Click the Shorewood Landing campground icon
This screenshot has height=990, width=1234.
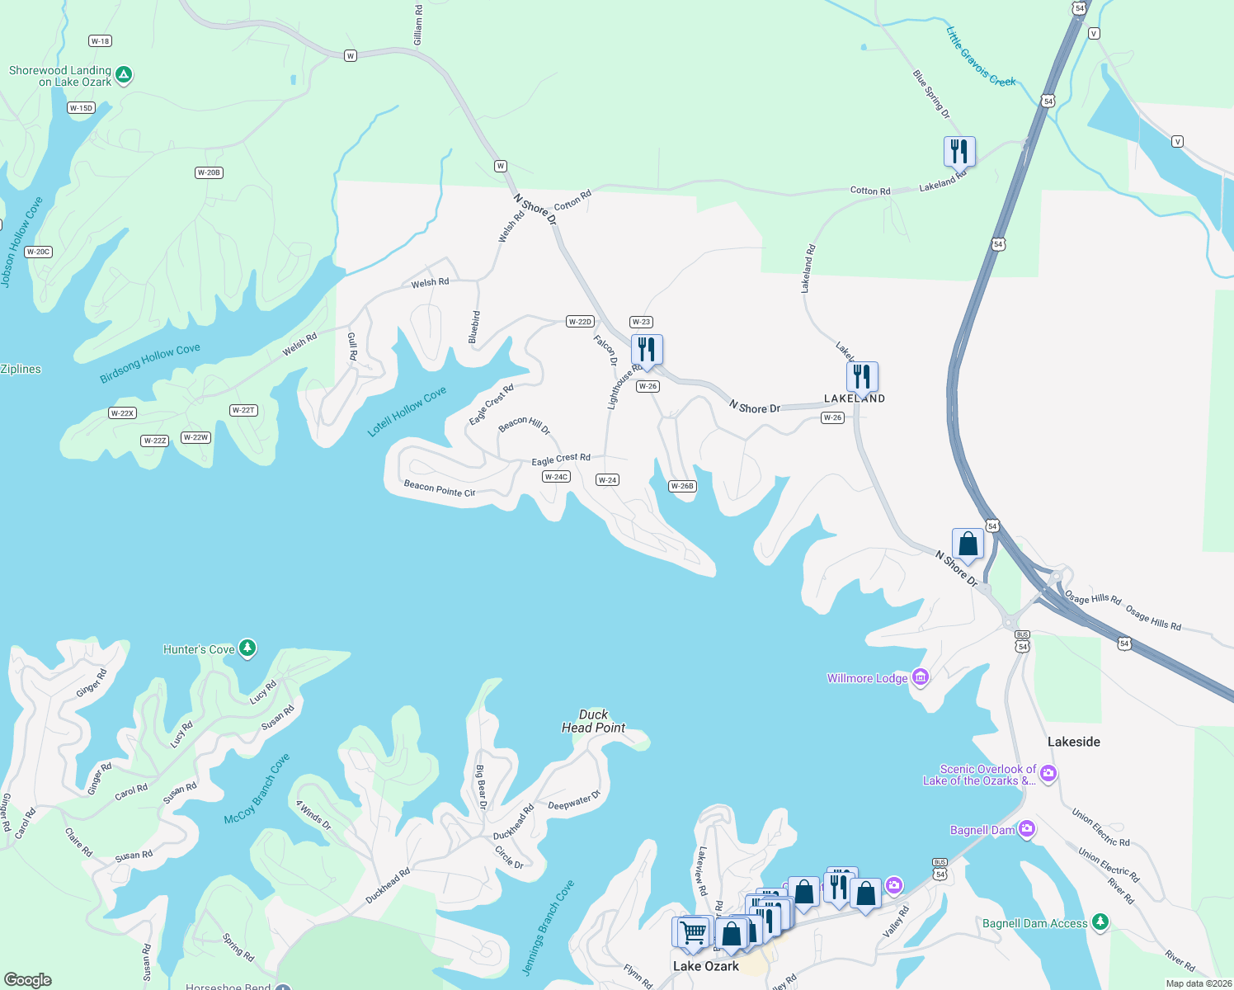(124, 75)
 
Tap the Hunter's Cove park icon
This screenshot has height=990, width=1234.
(247, 648)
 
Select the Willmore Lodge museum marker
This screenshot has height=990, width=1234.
(921, 677)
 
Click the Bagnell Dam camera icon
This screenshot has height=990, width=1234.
(1027, 829)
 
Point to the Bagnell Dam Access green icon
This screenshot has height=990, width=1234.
(1100, 922)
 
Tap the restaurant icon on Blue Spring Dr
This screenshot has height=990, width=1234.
(959, 152)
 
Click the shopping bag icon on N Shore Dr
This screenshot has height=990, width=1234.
(968, 544)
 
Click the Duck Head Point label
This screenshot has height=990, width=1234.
(593, 721)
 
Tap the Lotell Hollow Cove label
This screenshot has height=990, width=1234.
(407, 411)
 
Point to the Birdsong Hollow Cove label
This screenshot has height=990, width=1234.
(150, 363)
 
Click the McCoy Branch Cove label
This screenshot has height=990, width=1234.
(257, 789)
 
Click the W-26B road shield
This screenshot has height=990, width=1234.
(682, 486)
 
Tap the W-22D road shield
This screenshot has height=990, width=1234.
(580, 322)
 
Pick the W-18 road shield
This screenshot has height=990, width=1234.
(100, 41)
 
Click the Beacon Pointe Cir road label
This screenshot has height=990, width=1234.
(440, 488)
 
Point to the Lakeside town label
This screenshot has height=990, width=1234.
(1073, 742)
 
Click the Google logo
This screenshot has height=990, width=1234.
(28, 979)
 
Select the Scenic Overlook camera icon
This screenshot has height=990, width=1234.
(1048, 773)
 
